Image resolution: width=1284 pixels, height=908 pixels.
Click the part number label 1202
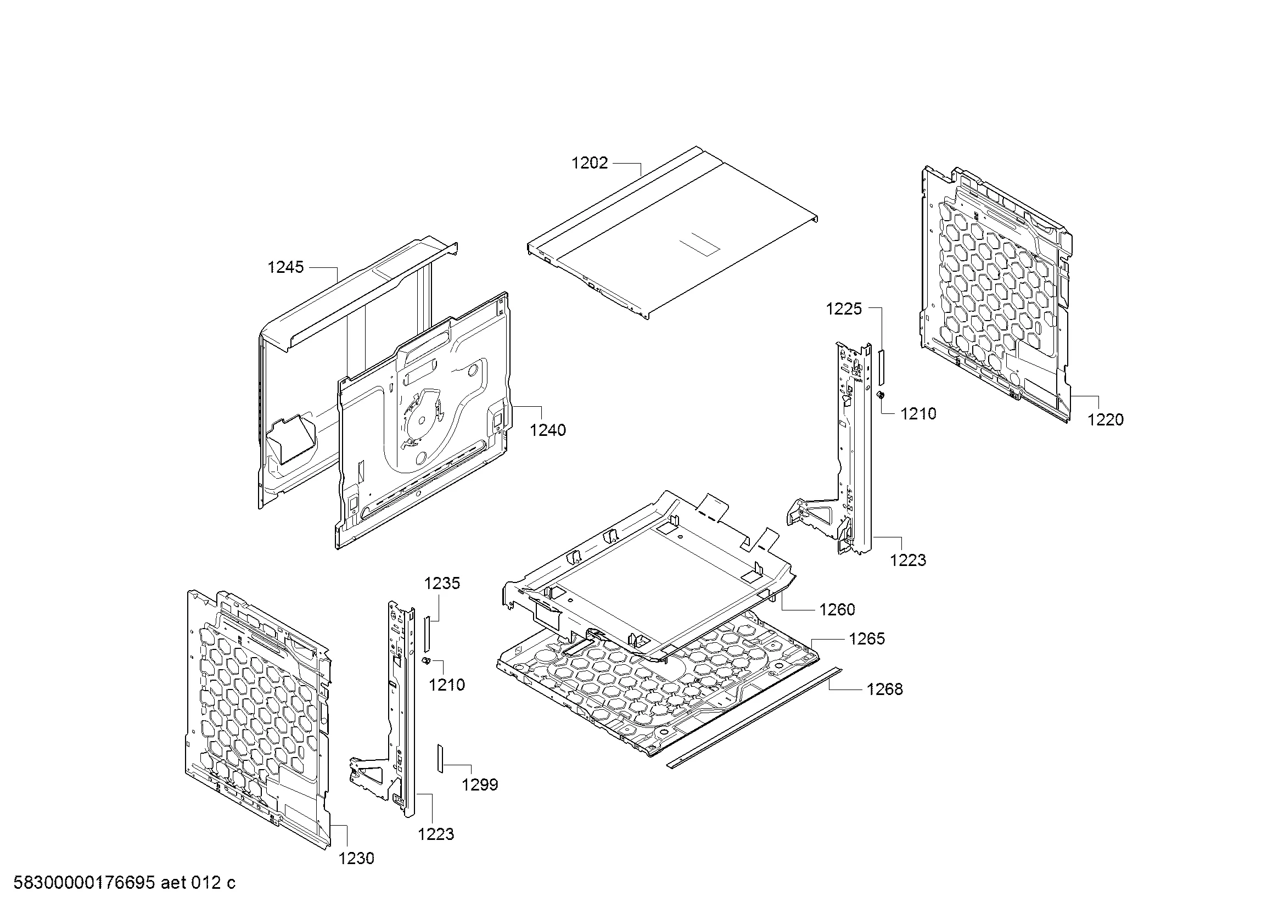590,163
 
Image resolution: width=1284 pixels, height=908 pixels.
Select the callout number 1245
286,267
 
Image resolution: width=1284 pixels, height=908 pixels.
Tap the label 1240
548,430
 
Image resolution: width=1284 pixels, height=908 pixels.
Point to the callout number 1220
1106,419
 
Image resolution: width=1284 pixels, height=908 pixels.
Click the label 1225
844,309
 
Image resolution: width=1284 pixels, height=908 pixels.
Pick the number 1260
837,609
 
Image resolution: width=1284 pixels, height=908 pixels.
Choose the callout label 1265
867,638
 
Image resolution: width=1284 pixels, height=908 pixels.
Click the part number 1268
885,689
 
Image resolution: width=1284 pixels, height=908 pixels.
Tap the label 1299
480,785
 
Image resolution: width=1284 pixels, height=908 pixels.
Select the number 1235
442,583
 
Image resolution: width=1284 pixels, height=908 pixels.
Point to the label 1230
356,858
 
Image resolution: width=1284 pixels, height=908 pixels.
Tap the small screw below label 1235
425,662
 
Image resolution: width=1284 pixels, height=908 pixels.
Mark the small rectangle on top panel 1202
699,244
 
